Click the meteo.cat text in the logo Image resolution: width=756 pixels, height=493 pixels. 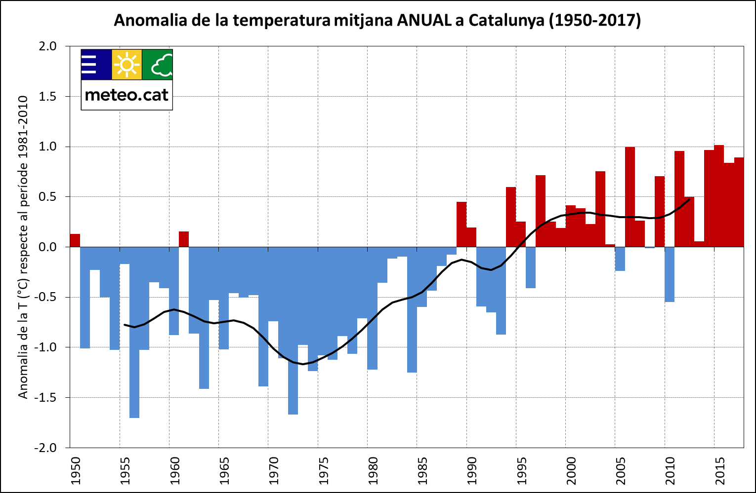(127, 94)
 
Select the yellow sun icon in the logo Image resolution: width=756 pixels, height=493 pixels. (127, 65)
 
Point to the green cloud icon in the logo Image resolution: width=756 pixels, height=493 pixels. (158, 65)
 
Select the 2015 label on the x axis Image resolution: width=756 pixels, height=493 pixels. (719, 471)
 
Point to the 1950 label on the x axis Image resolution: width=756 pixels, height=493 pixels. (75, 471)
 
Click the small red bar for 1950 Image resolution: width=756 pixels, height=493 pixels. (75, 240)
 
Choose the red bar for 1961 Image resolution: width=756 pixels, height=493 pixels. (184, 239)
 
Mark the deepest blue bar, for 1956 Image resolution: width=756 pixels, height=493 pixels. (134, 345)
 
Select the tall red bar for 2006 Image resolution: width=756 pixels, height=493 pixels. (630, 197)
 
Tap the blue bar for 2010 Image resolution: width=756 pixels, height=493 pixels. (670, 274)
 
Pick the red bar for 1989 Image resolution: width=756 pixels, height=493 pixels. (462, 225)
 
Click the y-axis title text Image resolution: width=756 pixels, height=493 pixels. (23, 247)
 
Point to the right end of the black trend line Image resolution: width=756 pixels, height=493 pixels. (689, 199)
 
